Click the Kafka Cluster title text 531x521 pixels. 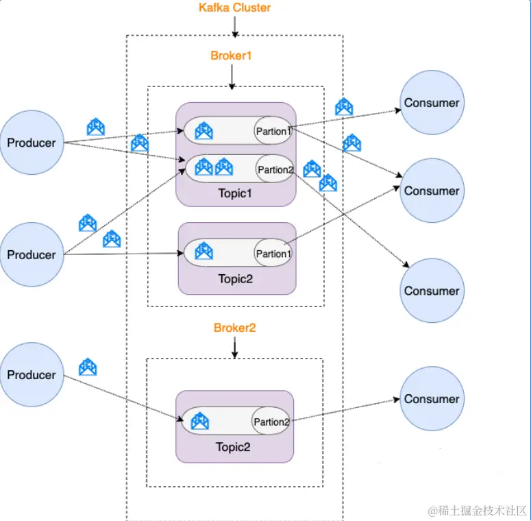pos(234,8)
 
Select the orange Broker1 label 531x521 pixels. pos(231,56)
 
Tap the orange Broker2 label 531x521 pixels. pos(234,328)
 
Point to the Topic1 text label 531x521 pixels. pos(235,193)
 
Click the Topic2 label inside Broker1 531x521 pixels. pos(236,278)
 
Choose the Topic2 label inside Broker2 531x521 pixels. pos(234,448)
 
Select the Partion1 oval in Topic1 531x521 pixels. pos(273,130)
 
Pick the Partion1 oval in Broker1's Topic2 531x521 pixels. pos(273,254)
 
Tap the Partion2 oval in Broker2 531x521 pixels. pos(271,422)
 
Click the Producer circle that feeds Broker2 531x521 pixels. pos(32,375)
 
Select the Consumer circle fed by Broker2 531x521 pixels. pos(432,399)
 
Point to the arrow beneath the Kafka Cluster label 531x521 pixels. pos(234,27)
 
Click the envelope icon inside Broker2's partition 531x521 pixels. pos(199,420)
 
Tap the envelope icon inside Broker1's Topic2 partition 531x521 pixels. pos(203,252)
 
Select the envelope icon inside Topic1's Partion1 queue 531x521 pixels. pos(203,130)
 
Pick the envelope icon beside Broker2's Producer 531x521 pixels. pos(88,367)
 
